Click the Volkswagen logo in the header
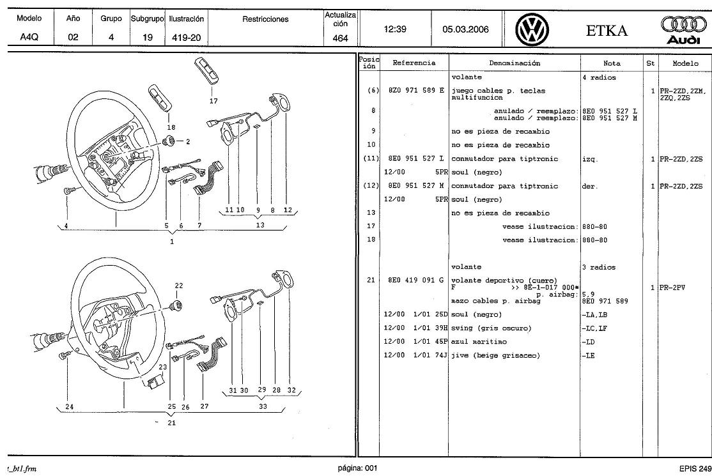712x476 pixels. tap(532, 29)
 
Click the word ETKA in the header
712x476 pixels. tap(607, 30)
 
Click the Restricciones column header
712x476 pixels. tap(265, 19)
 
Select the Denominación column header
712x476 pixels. tap(515, 63)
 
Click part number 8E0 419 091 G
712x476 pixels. tap(415, 280)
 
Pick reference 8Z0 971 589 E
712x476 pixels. tap(415, 91)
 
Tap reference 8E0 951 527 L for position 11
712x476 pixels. tap(415, 158)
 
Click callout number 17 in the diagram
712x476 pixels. tap(213, 101)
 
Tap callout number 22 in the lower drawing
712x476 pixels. tap(179, 286)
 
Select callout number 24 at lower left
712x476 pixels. tap(69, 406)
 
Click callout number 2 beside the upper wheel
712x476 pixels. tap(188, 142)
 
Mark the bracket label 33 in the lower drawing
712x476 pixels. tap(262, 406)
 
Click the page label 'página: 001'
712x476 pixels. tap(357, 468)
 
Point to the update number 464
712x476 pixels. tap(341, 38)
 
